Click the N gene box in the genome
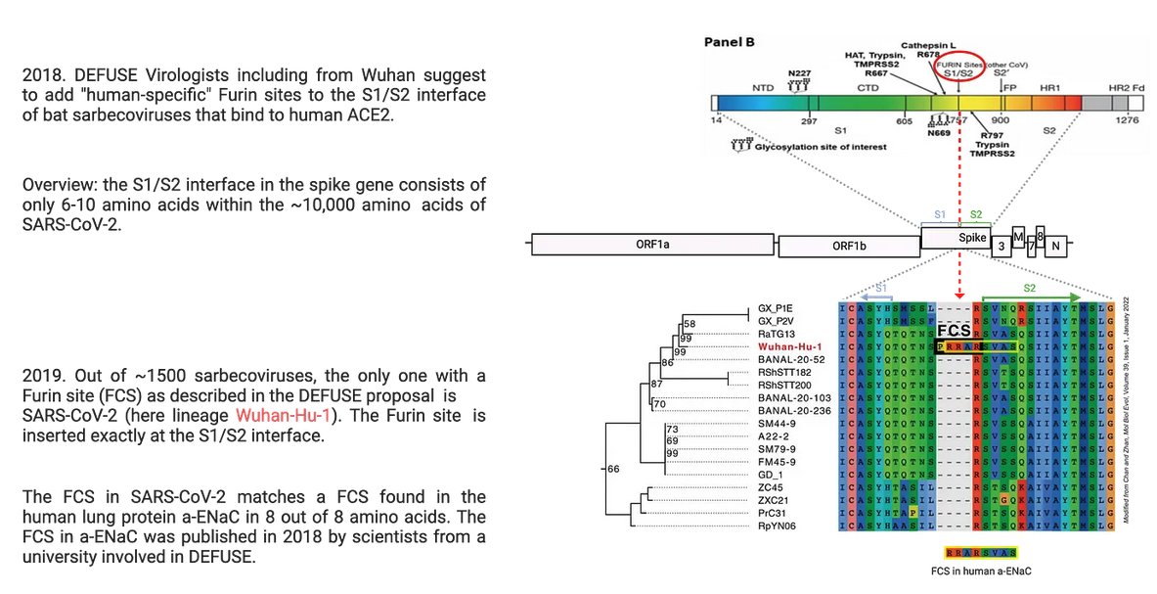click(1055, 247)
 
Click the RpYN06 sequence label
click(781, 524)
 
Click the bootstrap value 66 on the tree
click(614, 470)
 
